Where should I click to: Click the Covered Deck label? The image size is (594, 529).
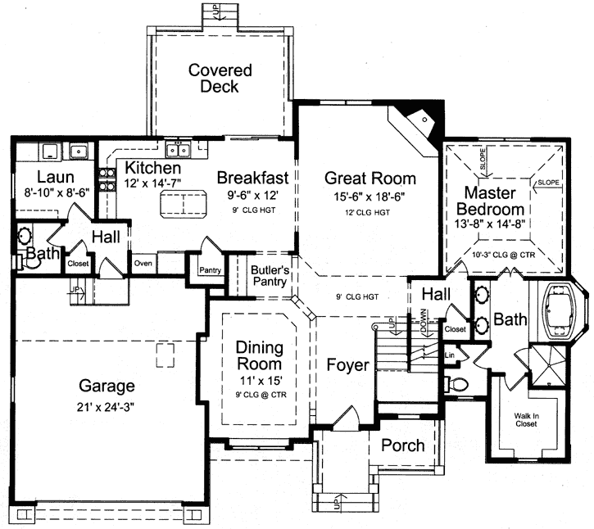[220, 78]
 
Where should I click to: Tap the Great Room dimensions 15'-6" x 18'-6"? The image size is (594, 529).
[370, 197]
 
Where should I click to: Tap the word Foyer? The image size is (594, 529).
[347, 364]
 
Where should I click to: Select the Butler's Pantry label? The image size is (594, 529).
[268, 276]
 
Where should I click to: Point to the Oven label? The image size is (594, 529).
[143, 264]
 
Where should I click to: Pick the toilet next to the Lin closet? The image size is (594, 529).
[456, 384]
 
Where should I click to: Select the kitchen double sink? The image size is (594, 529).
[177, 149]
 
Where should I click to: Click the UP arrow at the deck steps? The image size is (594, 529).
[217, 11]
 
